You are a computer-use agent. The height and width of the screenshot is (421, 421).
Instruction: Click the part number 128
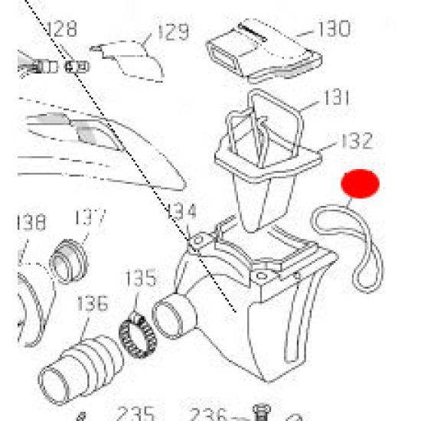pos(62,29)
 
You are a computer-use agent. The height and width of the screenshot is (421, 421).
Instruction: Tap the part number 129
pos(174,32)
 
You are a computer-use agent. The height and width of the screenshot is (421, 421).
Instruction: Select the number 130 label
pos(335,29)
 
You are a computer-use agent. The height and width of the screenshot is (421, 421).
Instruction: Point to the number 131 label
pos(337,97)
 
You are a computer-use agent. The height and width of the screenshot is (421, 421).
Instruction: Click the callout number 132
pos(357,140)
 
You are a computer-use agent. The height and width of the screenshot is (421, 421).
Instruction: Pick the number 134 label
pos(181,211)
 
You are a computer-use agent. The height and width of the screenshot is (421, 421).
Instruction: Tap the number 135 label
pos(141,278)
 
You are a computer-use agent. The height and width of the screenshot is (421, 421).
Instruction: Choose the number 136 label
pos(93,303)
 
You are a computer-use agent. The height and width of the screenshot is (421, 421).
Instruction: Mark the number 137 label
pos(90,217)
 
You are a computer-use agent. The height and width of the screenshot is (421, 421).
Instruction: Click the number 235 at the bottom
pos(135,413)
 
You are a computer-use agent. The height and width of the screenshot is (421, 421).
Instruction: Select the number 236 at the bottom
pos(208,414)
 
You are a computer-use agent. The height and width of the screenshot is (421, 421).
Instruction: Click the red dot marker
pos(360,184)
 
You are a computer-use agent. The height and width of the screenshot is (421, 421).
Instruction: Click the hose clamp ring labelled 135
pos(137,335)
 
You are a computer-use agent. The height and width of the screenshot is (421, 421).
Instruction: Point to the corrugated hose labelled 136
pos(80,369)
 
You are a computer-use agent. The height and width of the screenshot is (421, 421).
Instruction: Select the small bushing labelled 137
pos(69,261)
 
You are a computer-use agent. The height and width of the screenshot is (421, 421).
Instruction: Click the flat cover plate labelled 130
pos(264,51)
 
